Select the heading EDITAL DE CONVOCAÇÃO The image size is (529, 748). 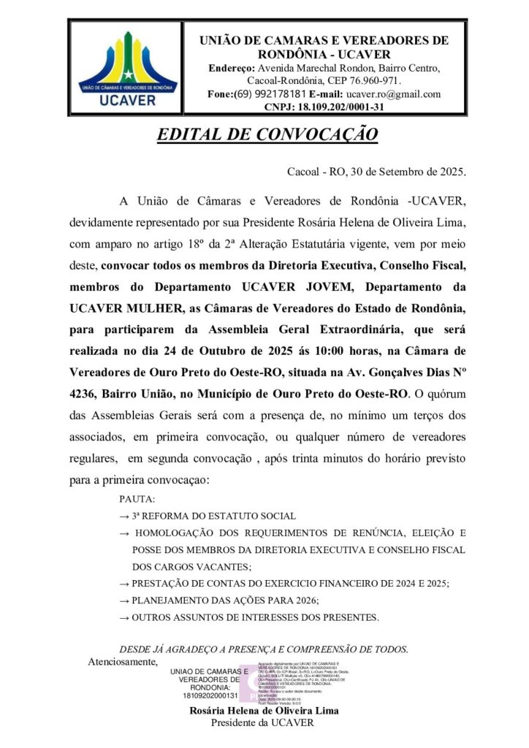tap(267, 135)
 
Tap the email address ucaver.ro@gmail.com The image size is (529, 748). tap(394, 94)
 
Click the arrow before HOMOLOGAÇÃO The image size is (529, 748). tap(125, 533)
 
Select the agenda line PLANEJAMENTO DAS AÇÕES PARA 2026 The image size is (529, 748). tap(226, 600)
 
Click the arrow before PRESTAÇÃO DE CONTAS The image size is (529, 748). tap(125, 584)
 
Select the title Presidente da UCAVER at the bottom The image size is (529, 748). tap(262, 723)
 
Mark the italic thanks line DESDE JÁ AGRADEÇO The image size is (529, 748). tap(263, 649)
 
